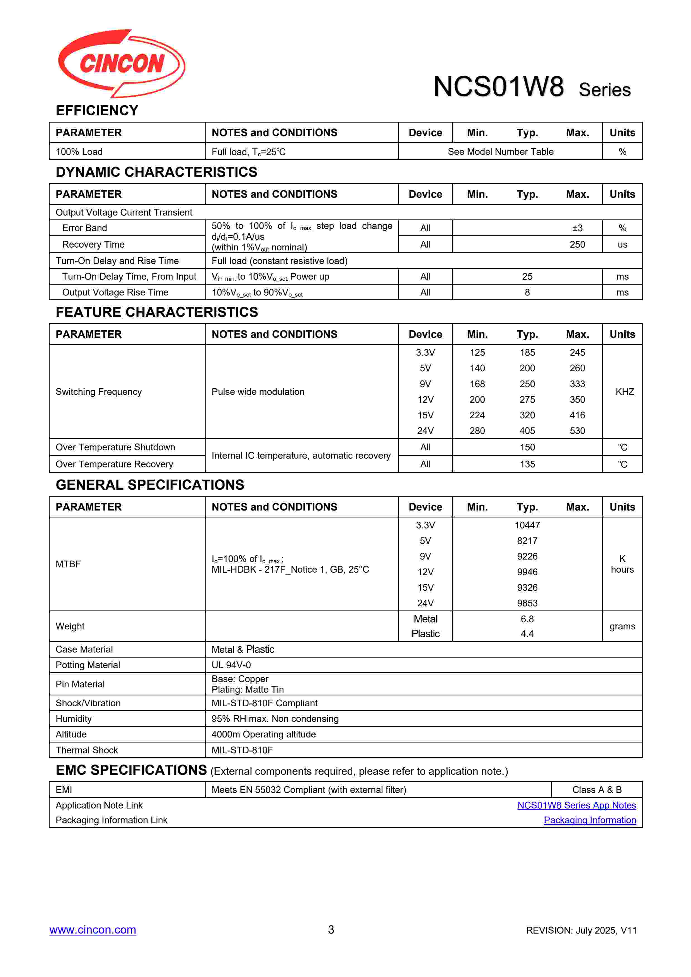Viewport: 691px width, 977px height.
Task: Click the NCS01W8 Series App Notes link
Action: tap(576, 805)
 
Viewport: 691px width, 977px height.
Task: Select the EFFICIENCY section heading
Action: tap(97, 111)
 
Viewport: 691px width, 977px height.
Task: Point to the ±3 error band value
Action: tap(577, 228)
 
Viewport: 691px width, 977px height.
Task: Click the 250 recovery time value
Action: tap(577, 244)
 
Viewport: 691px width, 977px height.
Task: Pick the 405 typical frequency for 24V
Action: tap(527, 431)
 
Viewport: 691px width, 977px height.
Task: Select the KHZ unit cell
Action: tap(624, 392)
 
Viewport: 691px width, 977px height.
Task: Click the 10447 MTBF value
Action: tap(527, 525)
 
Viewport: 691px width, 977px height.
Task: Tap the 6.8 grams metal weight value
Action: tap(527, 619)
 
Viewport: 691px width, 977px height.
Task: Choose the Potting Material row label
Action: tap(88, 665)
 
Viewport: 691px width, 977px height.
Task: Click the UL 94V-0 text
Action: tap(231, 665)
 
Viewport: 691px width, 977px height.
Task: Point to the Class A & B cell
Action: tap(597, 790)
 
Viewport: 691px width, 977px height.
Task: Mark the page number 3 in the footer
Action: tap(331, 930)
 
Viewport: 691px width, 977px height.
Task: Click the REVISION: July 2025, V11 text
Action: tap(581, 930)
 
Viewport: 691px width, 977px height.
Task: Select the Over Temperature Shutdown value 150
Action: tap(527, 447)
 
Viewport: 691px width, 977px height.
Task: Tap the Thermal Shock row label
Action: tap(87, 750)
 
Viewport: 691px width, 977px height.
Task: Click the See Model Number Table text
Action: tap(500, 152)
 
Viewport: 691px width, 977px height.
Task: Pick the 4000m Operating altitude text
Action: tap(263, 734)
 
